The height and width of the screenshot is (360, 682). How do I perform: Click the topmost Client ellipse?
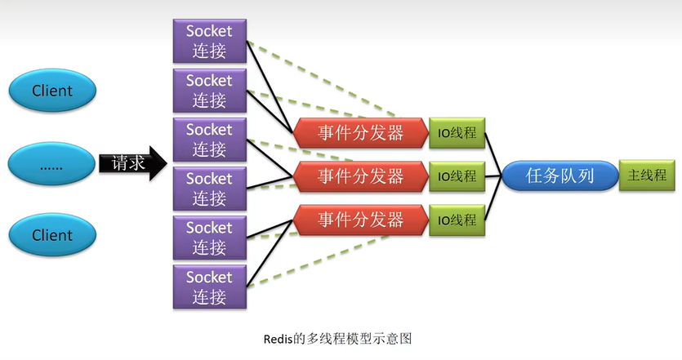click(x=52, y=91)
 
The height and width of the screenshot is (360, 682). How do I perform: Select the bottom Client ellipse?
click(x=52, y=235)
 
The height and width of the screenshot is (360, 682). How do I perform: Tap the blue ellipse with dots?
click(x=51, y=163)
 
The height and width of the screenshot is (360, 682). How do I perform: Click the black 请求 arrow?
click(x=133, y=163)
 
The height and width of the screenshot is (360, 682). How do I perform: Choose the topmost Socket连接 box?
click(x=210, y=41)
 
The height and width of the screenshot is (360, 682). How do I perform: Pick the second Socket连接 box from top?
click(x=210, y=91)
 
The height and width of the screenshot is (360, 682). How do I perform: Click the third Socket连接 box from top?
click(x=210, y=140)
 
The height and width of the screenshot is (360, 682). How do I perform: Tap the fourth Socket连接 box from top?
click(x=210, y=189)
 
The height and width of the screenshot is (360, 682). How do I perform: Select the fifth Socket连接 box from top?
click(x=210, y=238)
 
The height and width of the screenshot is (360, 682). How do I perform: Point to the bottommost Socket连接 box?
click(x=210, y=287)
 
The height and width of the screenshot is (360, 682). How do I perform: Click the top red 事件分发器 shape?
click(x=360, y=132)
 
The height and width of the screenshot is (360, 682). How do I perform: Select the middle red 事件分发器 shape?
click(x=360, y=176)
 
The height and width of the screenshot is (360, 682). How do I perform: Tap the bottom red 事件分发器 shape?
click(x=360, y=220)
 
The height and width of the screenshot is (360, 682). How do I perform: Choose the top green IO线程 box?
click(x=457, y=132)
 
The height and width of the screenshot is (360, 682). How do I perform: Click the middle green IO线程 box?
click(x=457, y=176)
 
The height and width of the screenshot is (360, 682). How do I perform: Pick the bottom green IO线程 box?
click(x=457, y=220)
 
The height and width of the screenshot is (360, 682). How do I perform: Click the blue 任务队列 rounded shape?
click(x=560, y=176)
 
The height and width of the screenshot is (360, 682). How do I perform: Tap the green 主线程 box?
click(x=647, y=176)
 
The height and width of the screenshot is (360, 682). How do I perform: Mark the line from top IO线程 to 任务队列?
click(x=493, y=154)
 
